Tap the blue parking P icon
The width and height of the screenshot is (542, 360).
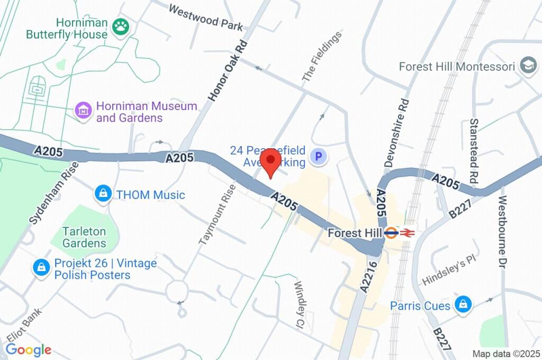tap(319, 156)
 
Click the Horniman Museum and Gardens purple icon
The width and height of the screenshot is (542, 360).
tap(84, 111)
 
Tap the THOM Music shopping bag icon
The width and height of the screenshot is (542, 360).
tap(103, 194)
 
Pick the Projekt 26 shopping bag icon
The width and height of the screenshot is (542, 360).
tap(41, 268)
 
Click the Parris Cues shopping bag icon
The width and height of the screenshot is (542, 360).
tap(463, 305)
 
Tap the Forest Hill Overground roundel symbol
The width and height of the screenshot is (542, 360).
tap(391, 232)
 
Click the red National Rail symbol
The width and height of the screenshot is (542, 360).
tap(407, 232)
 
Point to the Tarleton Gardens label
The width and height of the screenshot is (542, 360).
tap(85, 238)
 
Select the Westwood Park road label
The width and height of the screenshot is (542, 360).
tap(205, 17)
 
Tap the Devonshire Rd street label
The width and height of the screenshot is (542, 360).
tap(398, 133)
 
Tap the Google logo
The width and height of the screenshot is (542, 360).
tap(29, 349)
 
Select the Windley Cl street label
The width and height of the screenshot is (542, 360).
tap(297, 304)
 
